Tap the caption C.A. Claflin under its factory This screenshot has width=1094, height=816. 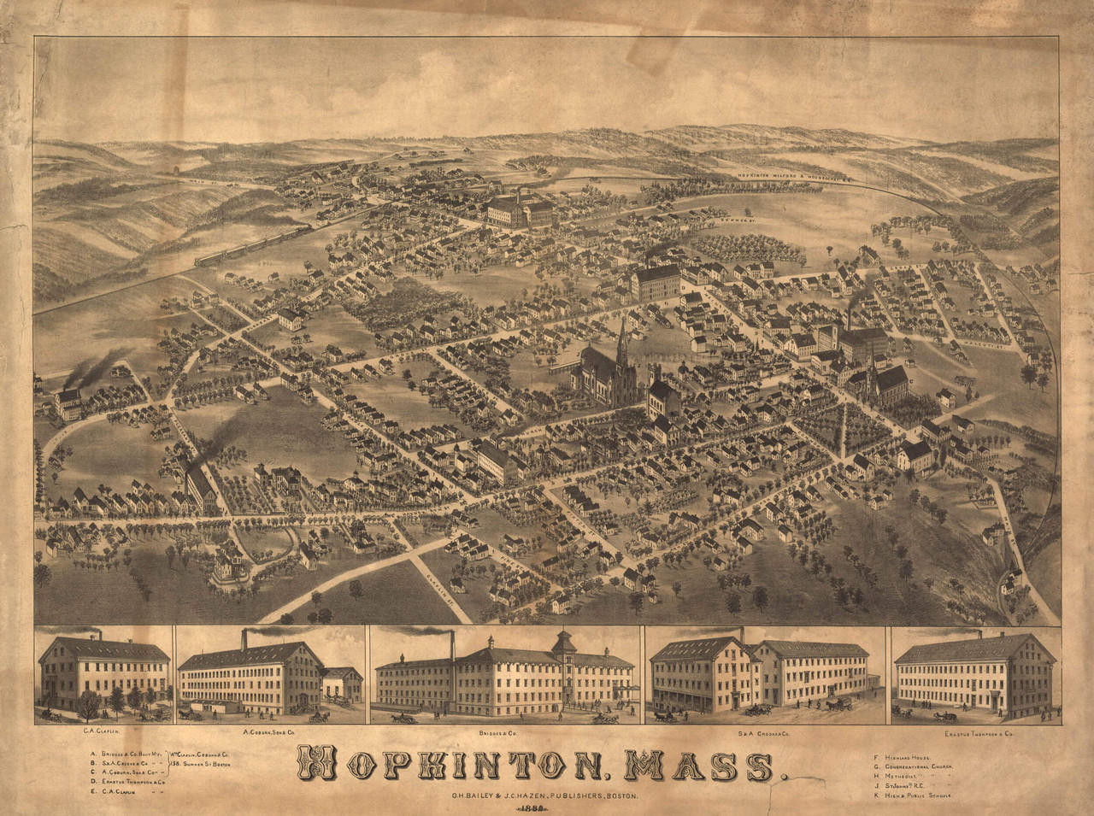[x=101, y=733]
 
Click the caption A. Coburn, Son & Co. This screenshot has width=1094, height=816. [x=268, y=733]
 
